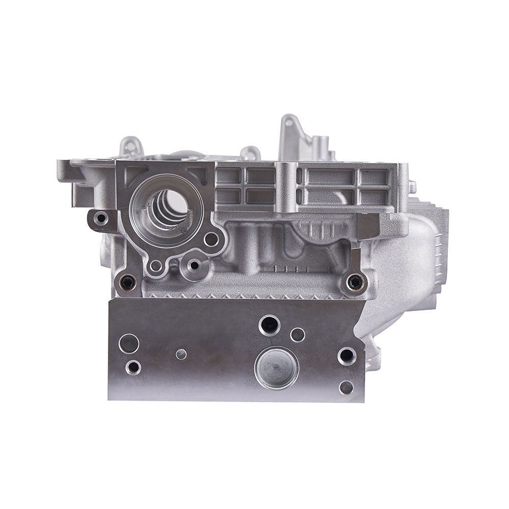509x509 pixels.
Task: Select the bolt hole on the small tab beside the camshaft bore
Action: [101, 219]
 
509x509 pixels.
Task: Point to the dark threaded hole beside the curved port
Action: [353, 281]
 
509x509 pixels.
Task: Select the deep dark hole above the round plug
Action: [269, 324]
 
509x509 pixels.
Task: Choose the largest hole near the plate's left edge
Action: [129, 343]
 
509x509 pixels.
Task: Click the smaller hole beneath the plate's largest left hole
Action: [133, 366]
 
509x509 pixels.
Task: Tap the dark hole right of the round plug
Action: [347, 356]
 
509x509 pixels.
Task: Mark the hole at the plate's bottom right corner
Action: [346, 388]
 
